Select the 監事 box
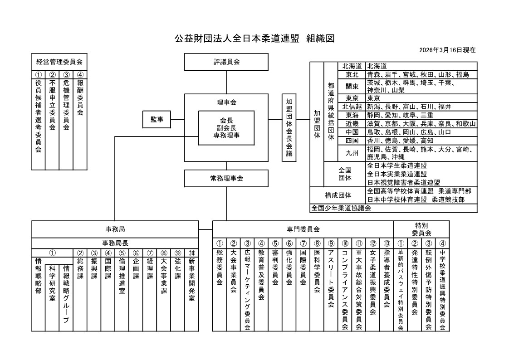point(157,119)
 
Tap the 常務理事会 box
point(226,178)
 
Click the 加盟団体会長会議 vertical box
point(289,128)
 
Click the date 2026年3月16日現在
point(447,50)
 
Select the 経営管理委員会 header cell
point(59,62)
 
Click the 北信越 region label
point(352,107)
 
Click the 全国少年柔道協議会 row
point(341,208)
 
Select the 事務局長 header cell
point(115,243)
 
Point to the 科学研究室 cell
point(52,283)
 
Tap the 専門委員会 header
point(303,229)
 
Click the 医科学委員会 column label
point(317,278)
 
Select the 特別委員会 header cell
point(421,229)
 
